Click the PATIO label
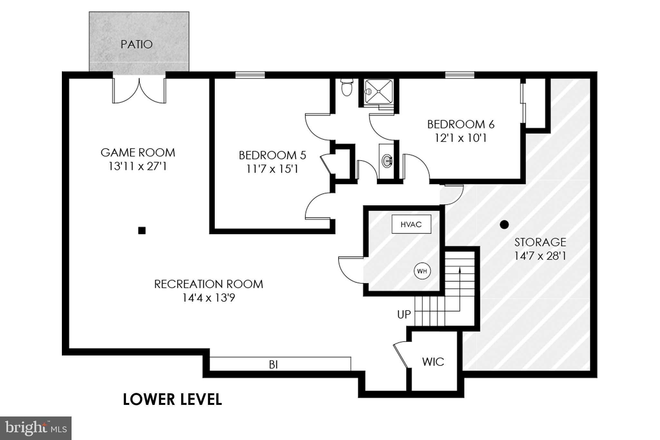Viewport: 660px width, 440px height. [137, 44]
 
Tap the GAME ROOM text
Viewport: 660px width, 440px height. [138, 153]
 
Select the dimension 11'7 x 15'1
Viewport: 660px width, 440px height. [272, 169]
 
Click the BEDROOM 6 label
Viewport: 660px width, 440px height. [461, 124]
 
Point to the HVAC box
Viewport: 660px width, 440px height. [411, 224]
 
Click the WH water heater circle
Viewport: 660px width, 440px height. [422, 271]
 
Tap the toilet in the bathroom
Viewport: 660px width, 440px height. [347, 88]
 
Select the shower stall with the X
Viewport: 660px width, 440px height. [378, 92]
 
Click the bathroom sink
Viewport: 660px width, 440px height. [387, 160]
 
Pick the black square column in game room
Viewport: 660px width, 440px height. [142, 230]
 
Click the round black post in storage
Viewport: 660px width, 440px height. [504, 225]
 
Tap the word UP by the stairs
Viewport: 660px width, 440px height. [404, 314]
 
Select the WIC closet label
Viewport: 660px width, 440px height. [433, 362]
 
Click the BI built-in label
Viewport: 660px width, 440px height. [273, 365]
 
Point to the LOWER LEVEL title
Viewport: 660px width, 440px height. [172, 399]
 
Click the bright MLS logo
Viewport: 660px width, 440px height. [35, 428]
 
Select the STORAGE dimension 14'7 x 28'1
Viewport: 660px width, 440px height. [540, 256]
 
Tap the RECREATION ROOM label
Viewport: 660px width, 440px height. [209, 284]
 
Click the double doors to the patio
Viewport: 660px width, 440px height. [139, 91]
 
